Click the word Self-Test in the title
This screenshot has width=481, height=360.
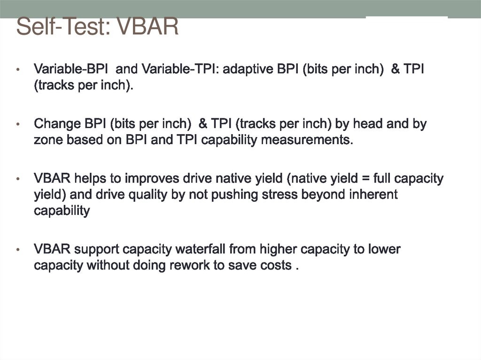(x=59, y=27)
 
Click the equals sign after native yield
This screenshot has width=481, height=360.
(x=349, y=179)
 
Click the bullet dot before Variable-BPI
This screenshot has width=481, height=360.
(x=18, y=70)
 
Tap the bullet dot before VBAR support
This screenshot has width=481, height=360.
(x=18, y=250)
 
